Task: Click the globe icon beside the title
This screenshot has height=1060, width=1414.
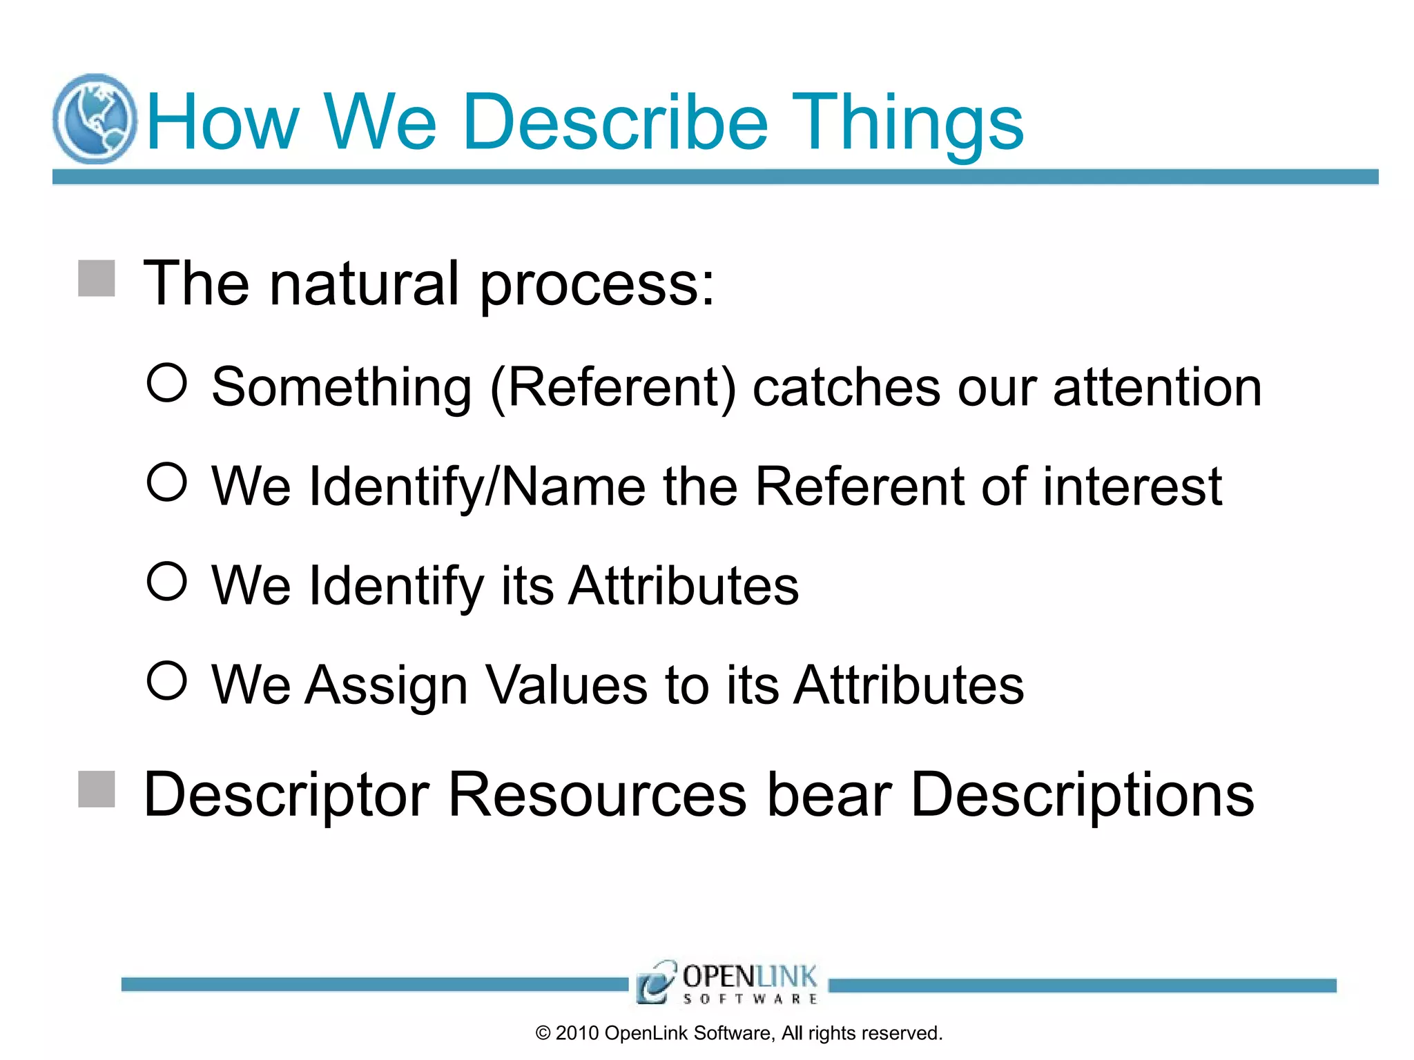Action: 95,119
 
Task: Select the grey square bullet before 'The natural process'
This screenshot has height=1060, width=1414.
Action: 96,278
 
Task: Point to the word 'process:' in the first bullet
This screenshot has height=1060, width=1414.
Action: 597,285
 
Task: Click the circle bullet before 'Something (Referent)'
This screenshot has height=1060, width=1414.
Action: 167,382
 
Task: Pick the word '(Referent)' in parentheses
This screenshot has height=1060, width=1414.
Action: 613,388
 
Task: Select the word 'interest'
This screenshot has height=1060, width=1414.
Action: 1132,487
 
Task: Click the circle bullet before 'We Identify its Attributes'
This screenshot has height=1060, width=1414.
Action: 167,581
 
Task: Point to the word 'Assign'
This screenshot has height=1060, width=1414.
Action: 387,685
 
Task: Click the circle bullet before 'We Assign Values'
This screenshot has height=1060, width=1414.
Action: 167,680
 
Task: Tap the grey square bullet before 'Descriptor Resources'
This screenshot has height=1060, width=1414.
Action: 96,789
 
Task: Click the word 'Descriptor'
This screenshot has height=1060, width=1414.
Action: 286,796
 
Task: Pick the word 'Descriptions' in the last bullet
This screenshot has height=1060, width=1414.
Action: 1082,796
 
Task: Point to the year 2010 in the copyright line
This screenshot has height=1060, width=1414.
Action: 577,1033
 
